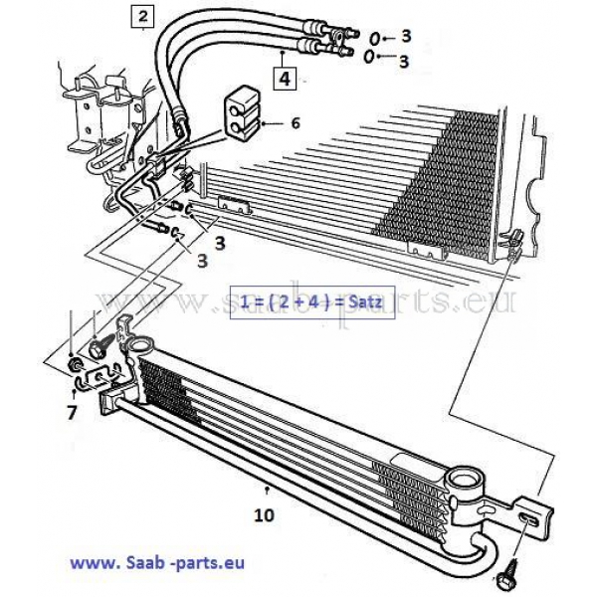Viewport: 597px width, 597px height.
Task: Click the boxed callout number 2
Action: [142, 16]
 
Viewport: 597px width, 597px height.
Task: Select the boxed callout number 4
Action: [285, 79]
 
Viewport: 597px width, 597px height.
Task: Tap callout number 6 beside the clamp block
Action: [296, 123]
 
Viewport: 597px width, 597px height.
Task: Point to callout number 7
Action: [72, 412]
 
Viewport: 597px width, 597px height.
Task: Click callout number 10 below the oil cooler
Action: [264, 515]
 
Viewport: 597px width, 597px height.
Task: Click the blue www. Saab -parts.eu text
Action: [157, 563]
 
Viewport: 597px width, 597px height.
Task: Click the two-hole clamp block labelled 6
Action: [242, 111]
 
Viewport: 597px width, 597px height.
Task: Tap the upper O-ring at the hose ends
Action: [375, 38]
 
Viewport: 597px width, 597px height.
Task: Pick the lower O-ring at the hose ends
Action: [369, 57]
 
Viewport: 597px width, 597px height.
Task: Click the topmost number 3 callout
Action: [406, 36]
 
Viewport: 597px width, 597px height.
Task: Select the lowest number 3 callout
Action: [203, 261]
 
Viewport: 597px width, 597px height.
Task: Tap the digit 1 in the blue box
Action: [245, 301]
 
